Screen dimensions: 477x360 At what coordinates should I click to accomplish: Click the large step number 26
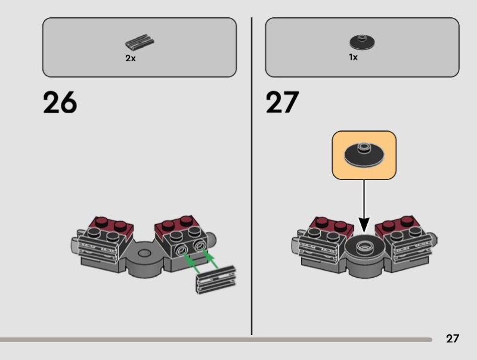[x=60, y=102]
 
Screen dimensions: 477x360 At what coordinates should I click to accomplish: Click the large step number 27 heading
[x=282, y=102]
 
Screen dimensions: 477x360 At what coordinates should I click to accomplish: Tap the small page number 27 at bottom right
[x=453, y=339]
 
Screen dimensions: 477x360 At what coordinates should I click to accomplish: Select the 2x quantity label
[x=131, y=58]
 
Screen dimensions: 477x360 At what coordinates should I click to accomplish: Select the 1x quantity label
[x=353, y=57]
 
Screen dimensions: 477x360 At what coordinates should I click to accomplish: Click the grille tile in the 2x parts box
[x=140, y=42]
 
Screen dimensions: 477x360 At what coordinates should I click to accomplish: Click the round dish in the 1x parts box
[x=362, y=42]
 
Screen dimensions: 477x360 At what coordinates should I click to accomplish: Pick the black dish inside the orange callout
[x=364, y=154]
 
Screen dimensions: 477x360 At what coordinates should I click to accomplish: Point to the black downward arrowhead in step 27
[x=364, y=225]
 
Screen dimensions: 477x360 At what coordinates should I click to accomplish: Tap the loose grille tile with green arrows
[x=216, y=279]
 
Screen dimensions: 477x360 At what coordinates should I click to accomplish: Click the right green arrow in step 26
[x=212, y=259]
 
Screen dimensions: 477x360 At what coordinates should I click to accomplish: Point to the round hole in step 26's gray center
[x=144, y=253]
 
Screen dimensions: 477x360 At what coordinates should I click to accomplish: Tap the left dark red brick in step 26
[x=111, y=227]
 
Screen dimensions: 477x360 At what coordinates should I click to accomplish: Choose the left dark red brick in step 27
[x=331, y=226]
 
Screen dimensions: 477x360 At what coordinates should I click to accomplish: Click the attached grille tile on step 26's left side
[x=97, y=248]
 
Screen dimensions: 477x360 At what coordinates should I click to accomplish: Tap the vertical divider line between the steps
[x=252, y=176]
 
